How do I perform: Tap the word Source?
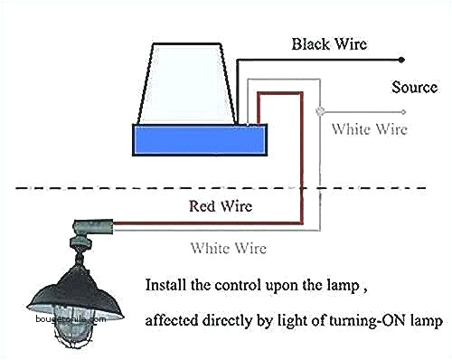(x=414, y=88)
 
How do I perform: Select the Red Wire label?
(x=221, y=205)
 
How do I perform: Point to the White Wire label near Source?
(x=369, y=129)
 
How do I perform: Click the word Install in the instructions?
(x=165, y=284)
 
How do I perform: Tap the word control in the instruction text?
(x=244, y=284)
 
